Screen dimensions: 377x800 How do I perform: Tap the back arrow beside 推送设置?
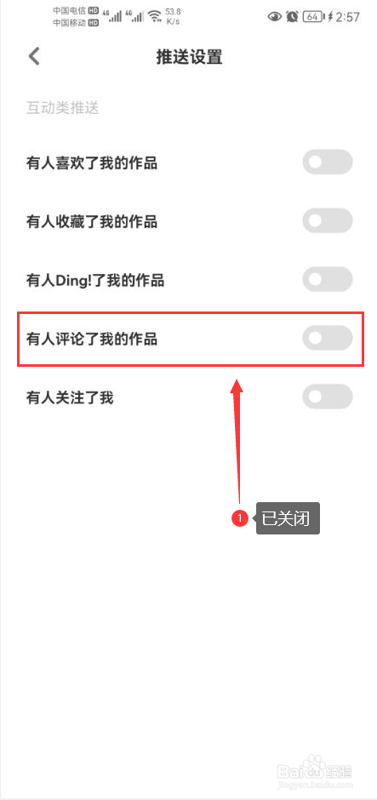(34, 56)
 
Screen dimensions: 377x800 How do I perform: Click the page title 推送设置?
(189, 57)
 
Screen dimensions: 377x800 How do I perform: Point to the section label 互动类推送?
(62, 108)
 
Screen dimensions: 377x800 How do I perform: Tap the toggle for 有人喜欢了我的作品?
(327, 163)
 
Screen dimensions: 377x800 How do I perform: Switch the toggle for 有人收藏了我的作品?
(327, 221)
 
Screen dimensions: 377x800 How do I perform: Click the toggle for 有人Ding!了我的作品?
(327, 280)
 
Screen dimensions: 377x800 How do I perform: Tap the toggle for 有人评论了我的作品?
(327, 338)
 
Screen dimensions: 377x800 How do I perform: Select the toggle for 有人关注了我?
(327, 397)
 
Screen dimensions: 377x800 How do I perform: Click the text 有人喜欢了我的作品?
(92, 163)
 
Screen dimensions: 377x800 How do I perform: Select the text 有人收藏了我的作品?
(92, 222)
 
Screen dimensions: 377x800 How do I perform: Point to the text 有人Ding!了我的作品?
(95, 280)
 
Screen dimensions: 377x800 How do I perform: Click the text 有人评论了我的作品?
(92, 339)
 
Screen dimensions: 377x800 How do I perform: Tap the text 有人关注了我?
(70, 397)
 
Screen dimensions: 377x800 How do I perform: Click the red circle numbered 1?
(239, 519)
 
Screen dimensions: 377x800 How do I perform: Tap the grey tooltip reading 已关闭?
(288, 519)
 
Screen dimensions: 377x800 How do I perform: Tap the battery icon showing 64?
(312, 17)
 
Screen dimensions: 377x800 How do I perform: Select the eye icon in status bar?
(275, 17)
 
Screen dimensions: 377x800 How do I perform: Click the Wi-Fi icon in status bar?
(155, 17)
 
